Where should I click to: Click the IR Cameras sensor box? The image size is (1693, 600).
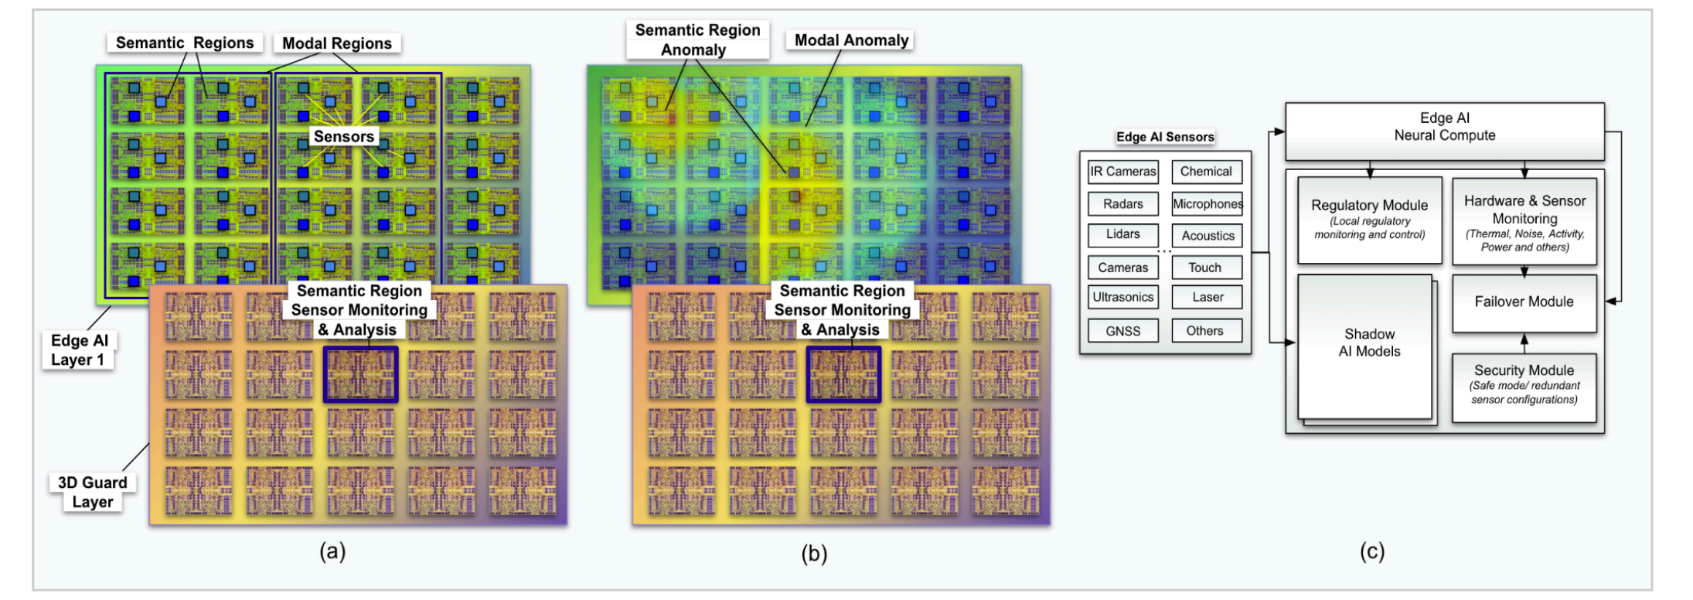1122,172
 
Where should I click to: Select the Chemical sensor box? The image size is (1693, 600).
1206,172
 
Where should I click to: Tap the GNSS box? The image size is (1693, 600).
1122,331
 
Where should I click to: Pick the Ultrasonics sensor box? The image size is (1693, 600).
1122,297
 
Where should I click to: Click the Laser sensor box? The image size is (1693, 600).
1207,297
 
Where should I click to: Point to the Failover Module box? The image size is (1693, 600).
1524,302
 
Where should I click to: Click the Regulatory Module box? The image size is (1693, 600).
1369,220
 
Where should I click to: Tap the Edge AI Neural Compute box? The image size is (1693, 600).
1444,128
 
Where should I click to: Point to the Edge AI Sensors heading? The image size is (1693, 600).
1164,137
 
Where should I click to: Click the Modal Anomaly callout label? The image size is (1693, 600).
851,40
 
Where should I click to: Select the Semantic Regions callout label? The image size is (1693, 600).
185,43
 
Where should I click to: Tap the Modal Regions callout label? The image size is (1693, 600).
336,43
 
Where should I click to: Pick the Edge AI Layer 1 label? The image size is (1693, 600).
78,350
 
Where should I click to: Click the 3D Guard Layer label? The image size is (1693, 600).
93,493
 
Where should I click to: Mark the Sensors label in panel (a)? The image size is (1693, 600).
344,137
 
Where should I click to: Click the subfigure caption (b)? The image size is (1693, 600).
814,554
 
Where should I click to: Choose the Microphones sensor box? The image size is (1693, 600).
1207,204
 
